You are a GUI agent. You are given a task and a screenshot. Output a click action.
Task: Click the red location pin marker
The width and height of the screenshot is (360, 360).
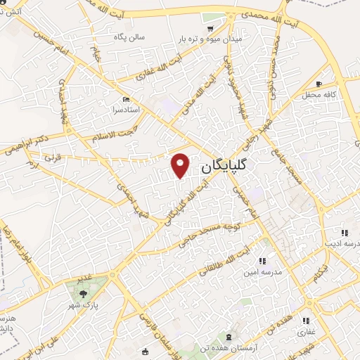tap(181, 164)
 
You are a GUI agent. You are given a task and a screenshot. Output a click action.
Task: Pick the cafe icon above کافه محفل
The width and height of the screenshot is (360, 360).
tap(319, 84)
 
